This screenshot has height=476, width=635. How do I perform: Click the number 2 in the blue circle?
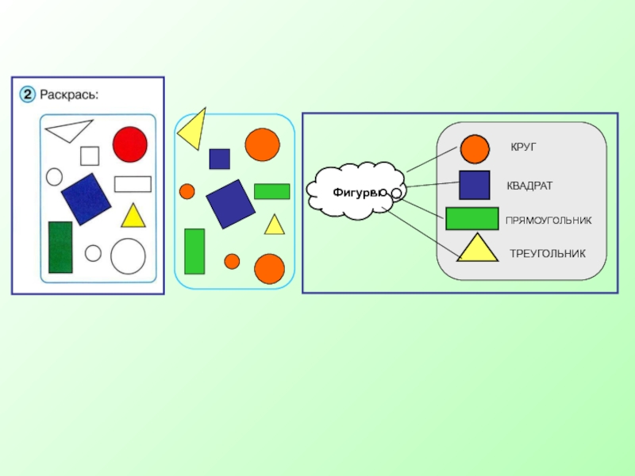coord(27,95)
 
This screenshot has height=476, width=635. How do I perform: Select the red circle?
coord(129,144)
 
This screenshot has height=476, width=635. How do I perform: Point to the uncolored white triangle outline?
coord(69,129)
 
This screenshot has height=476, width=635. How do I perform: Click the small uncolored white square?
coord(90,155)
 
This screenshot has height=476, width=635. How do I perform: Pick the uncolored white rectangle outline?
coord(133,184)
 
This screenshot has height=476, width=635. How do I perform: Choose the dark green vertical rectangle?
coord(60,247)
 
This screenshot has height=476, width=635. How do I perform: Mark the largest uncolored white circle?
coord(128,256)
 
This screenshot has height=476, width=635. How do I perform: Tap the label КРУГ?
coord(524,148)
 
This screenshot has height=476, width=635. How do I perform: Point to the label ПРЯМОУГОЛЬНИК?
coord(548,220)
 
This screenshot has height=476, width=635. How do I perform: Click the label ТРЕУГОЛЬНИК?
coord(547,254)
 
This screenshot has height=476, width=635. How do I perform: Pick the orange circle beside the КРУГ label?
coord(475,149)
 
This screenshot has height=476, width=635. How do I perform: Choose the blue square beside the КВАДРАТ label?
coord(475,185)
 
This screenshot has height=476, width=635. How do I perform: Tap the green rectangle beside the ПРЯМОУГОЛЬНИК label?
coord(472,219)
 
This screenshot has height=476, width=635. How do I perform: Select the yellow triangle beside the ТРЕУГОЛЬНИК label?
coord(476,250)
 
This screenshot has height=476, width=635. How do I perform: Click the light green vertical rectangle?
coord(194,251)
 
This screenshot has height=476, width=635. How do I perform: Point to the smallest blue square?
coord(220,159)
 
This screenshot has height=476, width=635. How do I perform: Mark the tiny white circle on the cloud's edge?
coord(396,193)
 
